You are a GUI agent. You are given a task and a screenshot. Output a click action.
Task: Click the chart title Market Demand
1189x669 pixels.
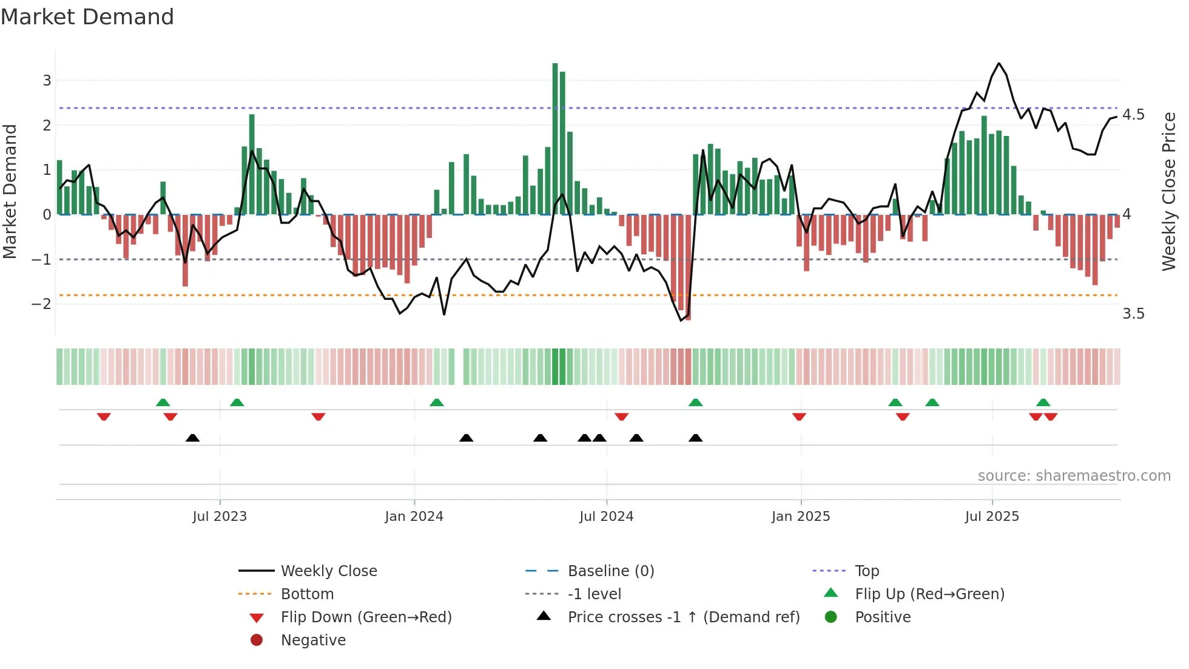pyautogui.click(x=87, y=17)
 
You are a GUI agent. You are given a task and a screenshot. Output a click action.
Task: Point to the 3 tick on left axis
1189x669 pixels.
pyautogui.click(x=47, y=81)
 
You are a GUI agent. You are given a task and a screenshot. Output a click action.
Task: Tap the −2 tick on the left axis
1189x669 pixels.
pyautogui.click(x=41, y=304)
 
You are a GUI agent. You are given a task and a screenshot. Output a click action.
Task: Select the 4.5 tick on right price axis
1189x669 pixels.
pyautogui.click(x=1133, y=115)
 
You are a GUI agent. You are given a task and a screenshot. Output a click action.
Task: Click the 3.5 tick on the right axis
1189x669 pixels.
pyautogui.click(x=1133, y=314)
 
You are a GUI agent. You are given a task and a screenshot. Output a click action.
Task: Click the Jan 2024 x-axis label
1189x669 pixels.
pyautogui.click(x=414, y=517)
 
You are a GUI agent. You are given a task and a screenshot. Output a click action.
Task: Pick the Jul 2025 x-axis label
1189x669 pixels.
pyautogui.click(x=992, y=517)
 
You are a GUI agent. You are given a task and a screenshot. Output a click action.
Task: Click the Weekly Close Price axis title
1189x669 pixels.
pyautogui.click(x=1168, y=191)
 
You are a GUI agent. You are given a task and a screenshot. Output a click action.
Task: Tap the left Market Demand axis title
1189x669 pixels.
pyautogui.click(x=10, y=191)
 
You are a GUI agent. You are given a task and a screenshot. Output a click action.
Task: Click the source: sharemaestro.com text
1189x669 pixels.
pyautogui.click(x=1074, y=476)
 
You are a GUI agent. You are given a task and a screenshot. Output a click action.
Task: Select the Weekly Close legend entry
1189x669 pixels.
pyautogui.click(x=328, y=571)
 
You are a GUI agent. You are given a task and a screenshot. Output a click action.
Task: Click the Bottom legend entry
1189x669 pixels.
pyautogui.click(x=307, y=594)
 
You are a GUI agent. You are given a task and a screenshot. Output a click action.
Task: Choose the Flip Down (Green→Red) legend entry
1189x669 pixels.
pyautogui.click(x=366, y=617)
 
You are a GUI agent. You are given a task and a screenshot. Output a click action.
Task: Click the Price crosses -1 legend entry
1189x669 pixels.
pyautogui.click(x=683, y=617)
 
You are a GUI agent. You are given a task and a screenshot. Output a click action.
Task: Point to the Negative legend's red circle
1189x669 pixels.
pyautogui.click(x=257, y=640)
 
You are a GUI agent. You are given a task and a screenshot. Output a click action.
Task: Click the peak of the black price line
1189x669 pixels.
pyautogui.click(x=999, y=63)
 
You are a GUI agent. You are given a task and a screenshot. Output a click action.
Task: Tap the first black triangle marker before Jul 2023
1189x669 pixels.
pyautogui.click(x=192, y=438)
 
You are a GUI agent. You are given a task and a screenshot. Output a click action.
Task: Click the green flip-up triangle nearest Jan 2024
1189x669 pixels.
pyautogui.click(x=437, y=402)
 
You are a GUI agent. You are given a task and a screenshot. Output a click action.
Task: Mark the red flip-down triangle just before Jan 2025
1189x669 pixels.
pyautogui.click(x=799, y=416)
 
